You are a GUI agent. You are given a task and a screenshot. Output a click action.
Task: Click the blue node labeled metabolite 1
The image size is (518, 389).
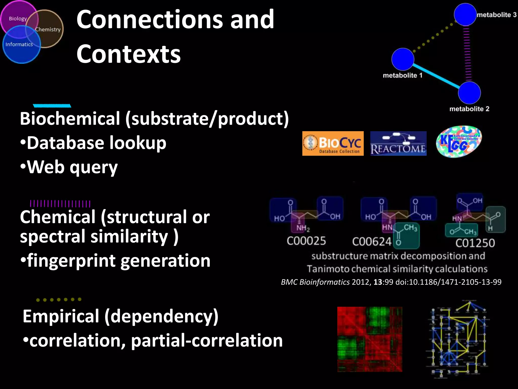[403, 59]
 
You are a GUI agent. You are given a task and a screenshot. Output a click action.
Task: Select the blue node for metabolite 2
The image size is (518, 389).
[469, 93]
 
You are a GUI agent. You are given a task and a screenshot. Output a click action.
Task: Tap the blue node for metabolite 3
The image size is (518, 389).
[465, 14]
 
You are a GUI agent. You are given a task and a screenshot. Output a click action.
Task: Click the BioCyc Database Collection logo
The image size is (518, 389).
[333, 143]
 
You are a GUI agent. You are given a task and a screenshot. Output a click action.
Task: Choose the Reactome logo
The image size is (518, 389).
[398, 143]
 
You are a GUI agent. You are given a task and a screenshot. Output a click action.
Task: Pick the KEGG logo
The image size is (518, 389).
[459, 142]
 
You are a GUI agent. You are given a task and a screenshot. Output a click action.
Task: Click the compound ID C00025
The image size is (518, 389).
[306, 241]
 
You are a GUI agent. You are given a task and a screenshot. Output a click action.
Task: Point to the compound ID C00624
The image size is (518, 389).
[372, 242]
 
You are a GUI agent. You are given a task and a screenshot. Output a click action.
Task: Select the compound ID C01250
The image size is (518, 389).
[475, 243]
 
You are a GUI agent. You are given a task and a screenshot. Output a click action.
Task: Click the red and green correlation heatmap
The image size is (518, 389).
[370, 339]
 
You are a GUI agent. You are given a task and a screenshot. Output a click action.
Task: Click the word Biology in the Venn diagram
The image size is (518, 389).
[18, 19]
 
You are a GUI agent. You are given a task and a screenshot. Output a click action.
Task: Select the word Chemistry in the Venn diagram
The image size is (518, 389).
[48, 30]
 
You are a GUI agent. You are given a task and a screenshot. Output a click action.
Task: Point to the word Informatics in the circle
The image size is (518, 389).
[19, 45]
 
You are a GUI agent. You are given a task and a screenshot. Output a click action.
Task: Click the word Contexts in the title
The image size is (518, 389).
[128, 54]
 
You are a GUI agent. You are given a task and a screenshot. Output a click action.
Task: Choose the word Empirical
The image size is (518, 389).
[61, 316]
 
